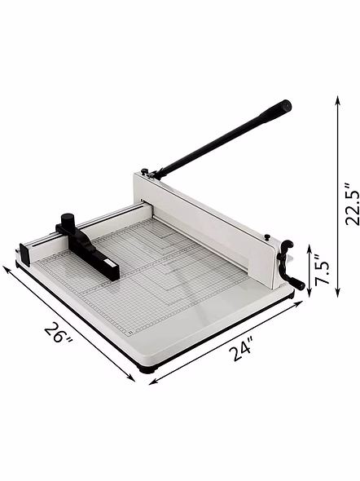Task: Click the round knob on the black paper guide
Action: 68,222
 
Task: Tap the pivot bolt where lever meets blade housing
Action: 152,174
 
